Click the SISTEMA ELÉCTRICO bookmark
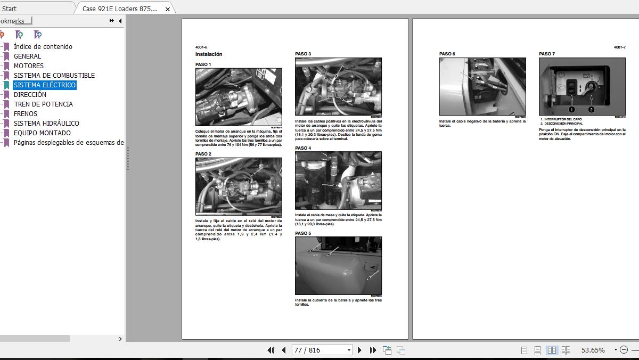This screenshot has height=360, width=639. coord(45,85)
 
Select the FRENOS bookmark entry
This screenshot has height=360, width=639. coord(26,114)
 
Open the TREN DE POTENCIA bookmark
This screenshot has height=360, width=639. coord(43,104)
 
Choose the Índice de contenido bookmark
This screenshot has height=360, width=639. coord(43,47)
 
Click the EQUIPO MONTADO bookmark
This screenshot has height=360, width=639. coord(42,133)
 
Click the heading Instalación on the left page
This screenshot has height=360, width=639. coord(209,54)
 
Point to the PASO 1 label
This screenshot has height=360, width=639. coord(203,64)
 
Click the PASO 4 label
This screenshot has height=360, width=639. coord(303,148)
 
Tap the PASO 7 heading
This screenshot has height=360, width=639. coord(547,54)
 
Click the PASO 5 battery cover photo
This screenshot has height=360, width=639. coord(338,265)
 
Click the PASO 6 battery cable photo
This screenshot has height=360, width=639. coord(482,86)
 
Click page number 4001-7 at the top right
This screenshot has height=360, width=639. coord(619,47)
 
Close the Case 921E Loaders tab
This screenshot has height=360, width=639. coord(168,9)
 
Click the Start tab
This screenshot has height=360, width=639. coord(10,9)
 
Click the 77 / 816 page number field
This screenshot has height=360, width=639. coord(318,350)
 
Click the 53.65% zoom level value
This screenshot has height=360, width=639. coord(593,350)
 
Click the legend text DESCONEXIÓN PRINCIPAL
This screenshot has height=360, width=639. coord(563,124)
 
